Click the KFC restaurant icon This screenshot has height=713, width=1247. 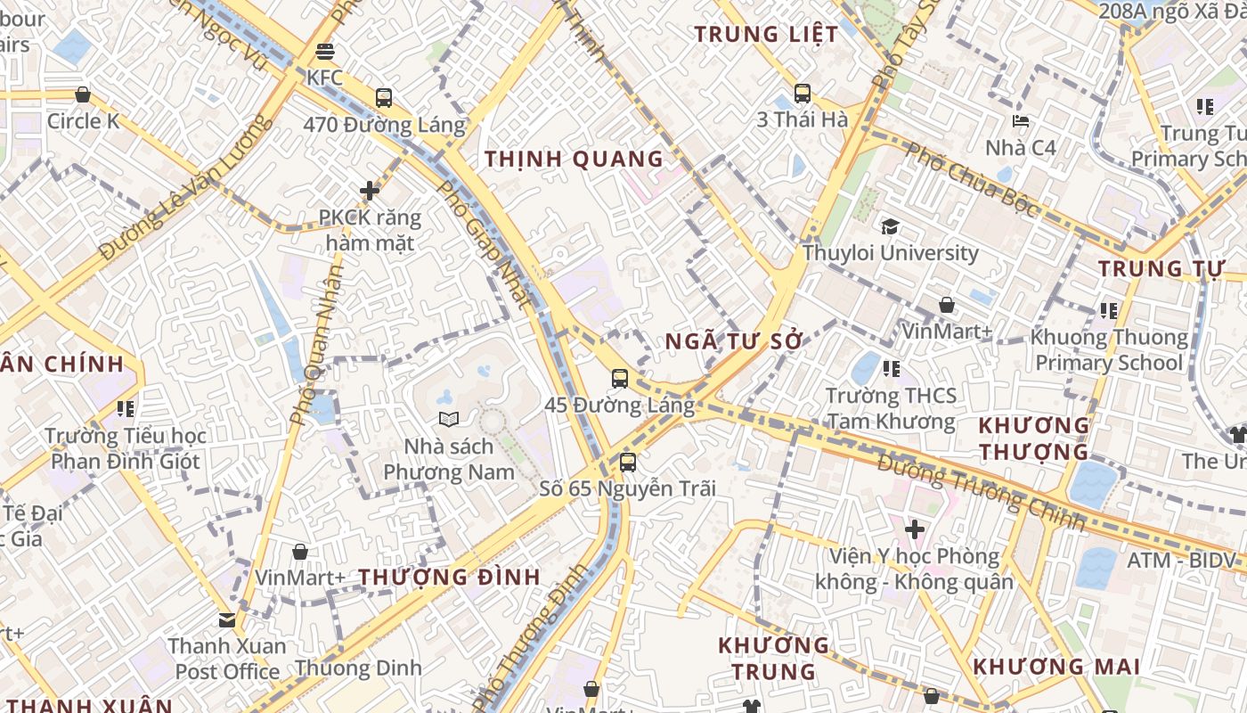point(324,52)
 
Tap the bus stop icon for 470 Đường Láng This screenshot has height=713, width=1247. point(384,97)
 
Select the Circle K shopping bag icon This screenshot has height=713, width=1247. point(83,94)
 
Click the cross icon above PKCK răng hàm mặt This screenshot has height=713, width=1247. point(370,190)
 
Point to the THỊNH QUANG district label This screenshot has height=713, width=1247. point(575,160)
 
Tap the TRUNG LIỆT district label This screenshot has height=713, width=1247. point(766,35)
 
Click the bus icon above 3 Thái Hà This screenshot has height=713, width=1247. point(802,93)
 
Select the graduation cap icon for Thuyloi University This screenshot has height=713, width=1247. point(890,227)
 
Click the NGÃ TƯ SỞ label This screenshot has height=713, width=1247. point(734,342)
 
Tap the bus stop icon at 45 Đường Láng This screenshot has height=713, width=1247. point(620,379)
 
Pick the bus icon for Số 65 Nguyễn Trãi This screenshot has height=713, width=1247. point(628,463)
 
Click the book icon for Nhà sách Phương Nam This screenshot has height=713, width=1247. point(448,419)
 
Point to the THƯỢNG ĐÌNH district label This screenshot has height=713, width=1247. point(450,577)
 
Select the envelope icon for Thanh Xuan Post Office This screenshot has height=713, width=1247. point(227,619)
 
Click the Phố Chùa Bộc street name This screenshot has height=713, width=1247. point(971,179)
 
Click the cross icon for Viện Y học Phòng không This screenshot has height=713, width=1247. point(914,530)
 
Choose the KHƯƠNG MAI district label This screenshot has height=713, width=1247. point(1056,667)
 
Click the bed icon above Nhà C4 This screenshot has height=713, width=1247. point(1021,121)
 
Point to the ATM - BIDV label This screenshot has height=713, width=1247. point(1182,561)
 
